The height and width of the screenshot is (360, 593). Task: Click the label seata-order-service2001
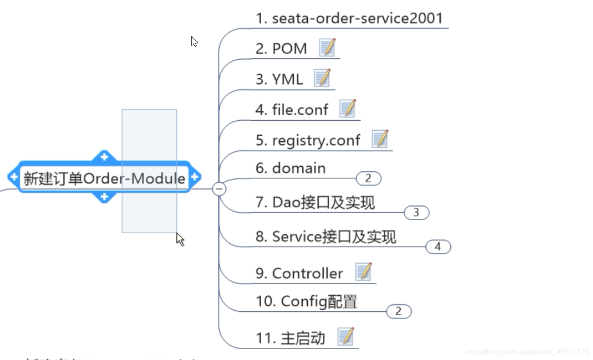click(349, 18)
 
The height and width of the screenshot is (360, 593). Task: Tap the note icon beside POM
click(328, 47)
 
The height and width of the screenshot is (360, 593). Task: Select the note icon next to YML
click(323, 78)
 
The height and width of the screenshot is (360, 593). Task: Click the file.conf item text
click(292, 109)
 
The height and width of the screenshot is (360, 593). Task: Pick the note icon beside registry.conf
click(381, 139)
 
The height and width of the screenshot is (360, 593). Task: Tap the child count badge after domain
click(368, 179)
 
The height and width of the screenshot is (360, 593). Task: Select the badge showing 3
click(416, 213)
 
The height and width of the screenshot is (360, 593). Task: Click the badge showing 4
click(438, 247)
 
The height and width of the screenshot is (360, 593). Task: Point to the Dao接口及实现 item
click(315, 202)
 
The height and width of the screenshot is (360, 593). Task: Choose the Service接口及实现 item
click(326, 237)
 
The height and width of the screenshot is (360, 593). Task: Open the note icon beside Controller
click(364, 272)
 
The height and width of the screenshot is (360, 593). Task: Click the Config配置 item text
click(306, 301)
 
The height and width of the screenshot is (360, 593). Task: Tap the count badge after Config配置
click(399, 312)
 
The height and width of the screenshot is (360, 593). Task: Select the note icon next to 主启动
click(346, 337)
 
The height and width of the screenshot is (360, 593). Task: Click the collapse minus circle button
click(219, 189)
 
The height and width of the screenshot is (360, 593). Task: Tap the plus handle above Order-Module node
click(104, 157)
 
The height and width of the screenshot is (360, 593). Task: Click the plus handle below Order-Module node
click(104, 197)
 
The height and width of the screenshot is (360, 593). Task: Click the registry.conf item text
click(308, 140)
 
